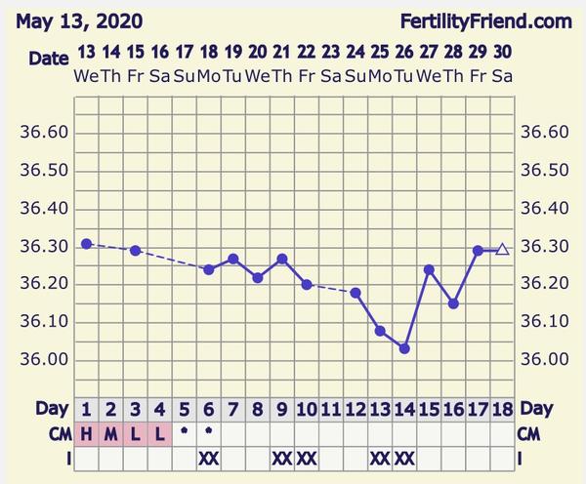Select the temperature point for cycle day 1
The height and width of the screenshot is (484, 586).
click(87, 243)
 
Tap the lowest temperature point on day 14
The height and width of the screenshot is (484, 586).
click(404, 348)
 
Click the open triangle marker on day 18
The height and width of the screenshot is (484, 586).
click(502, 250)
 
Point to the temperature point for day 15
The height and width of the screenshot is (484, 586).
click(429, 269)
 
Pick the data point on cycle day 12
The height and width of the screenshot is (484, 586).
click(356, 292)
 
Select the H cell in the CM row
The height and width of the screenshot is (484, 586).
click(87, 433)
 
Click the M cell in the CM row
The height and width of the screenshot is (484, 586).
click(111, 433)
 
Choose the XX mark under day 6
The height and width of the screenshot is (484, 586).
click(209, 457)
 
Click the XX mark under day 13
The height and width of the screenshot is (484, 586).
click(380, 457)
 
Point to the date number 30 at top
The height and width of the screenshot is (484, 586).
click(502, 52)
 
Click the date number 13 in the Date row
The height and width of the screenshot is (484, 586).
click(87, 52)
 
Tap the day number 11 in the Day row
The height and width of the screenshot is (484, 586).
click(331, 409)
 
